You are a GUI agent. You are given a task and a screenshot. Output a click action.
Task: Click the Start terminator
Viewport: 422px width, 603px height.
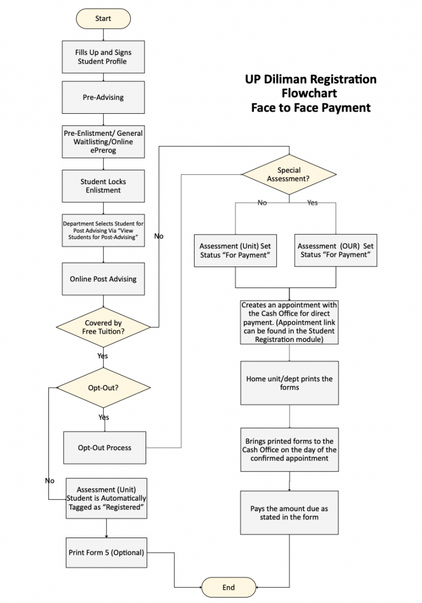pyautogui.click(x=103, y=19)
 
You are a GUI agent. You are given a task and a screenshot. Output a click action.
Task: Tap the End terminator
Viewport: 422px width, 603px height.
pyautogui.click(x=229, y=587)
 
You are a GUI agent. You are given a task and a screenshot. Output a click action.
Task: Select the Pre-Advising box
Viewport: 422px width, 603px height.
pyautogui.click(x=103, y=97)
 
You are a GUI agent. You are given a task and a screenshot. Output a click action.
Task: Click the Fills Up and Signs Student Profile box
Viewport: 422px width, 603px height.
pyautogui.click(x=103, y=57)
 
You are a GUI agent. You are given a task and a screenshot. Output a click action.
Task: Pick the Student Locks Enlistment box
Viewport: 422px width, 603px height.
pyautogui.click(x=103, y=186)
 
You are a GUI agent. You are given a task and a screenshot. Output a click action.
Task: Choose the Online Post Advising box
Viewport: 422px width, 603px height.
pyautogui.click(x=103, y=279)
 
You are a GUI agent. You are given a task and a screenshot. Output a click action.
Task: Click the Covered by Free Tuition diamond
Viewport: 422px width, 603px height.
pyautogui.click(x=103, y=327)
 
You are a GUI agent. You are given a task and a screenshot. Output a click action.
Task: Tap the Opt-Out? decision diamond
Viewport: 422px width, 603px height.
pyautogui.click(x=103, y=388)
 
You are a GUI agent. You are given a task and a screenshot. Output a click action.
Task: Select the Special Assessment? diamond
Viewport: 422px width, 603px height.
pyautogui.click(x=289, y=175)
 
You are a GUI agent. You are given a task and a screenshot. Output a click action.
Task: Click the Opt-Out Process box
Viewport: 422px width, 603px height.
pyautogui.click(x=104, y=447)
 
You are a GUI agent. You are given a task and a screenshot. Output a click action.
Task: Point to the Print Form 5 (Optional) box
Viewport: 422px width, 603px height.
pyautogui.click(x=107, y=552)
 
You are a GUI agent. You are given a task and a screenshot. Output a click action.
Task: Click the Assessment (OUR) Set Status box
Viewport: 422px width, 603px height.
pyautogui.click(x=336, y=250)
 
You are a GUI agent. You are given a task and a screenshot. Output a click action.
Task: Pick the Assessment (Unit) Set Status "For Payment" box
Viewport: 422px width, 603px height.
pyautogui.click(x=235, y=250)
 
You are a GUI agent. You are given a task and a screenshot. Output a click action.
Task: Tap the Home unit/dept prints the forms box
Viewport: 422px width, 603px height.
pyautogui.click(x=290, y=383)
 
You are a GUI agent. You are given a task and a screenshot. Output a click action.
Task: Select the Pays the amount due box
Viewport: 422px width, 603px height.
pyautogui.click(x=290, y=513)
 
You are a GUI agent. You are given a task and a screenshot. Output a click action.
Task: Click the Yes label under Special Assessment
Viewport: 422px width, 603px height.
pyautogui.click(x=313, y=203)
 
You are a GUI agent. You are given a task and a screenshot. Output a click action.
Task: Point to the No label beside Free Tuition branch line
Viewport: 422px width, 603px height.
pyautogui.click(x=159, y=236)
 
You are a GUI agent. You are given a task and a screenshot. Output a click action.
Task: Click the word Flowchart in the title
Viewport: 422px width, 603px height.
pyautogui.click(x=309, y=93)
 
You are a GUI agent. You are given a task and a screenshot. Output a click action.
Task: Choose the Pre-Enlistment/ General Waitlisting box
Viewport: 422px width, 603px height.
pyautogui.click(x=103, y=142)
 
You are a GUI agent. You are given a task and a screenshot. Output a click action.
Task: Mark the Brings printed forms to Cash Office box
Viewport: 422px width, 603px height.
pyautogui.click(x=290, y=450)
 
